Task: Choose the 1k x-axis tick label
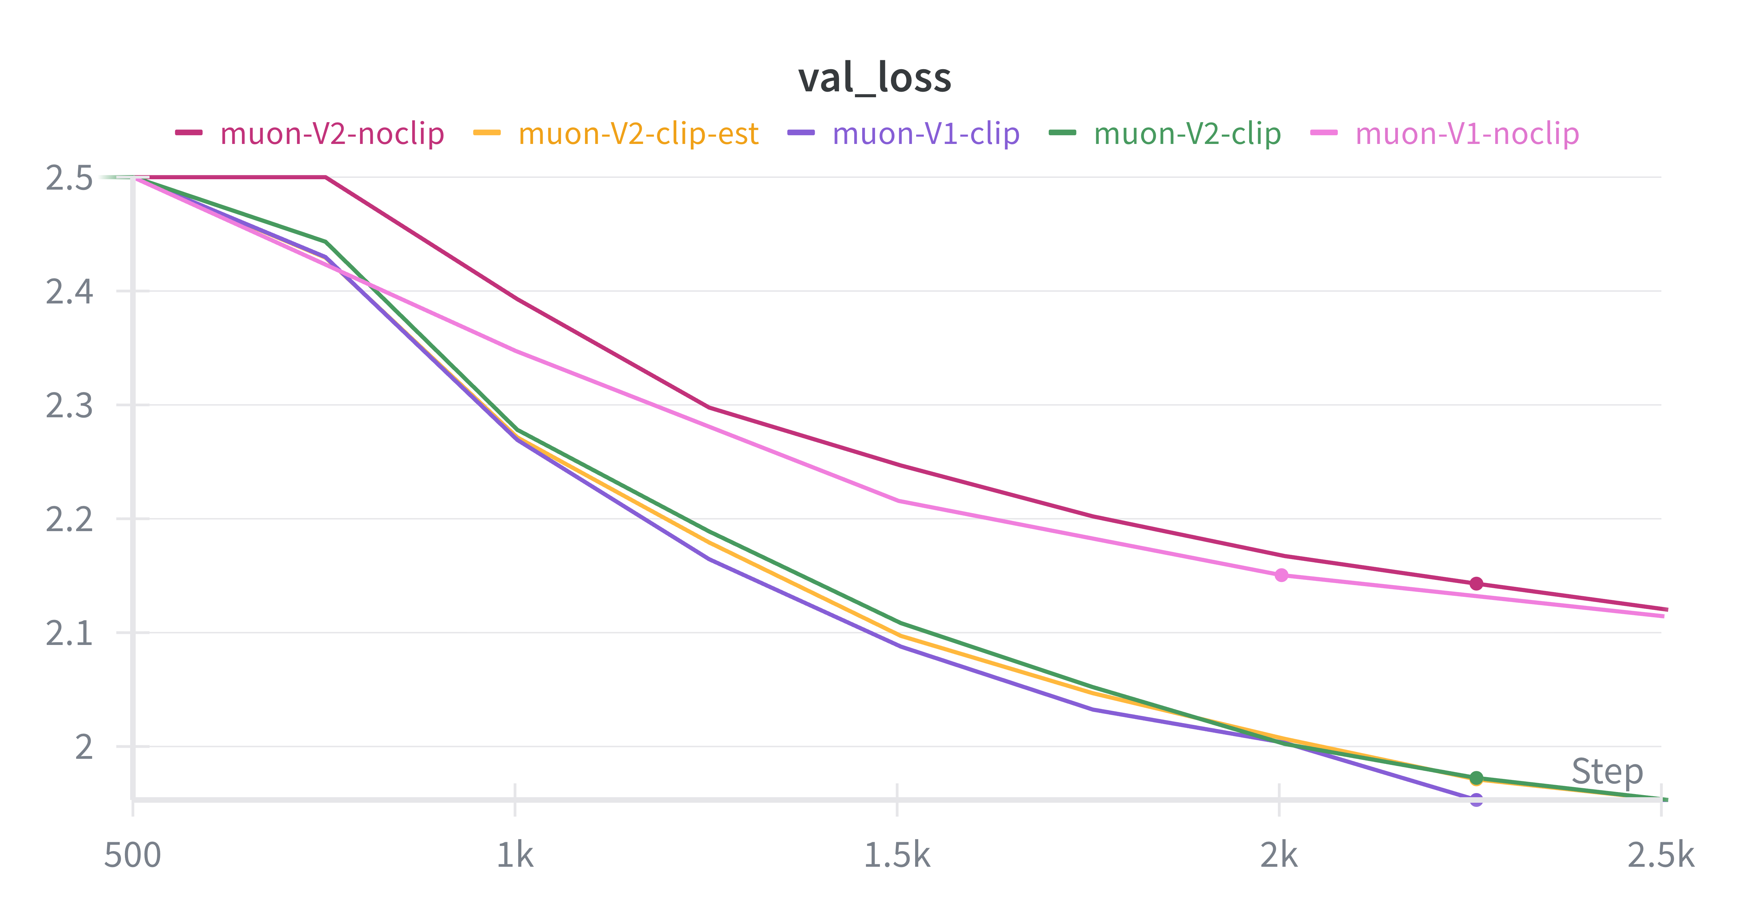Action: (515, 855)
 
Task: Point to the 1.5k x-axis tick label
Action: (897, 855)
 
